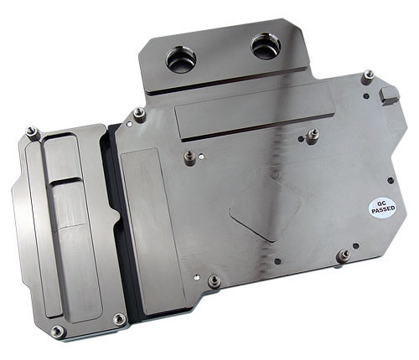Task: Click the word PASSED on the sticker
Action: (x=384, y=209)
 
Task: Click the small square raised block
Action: (x=390, y=95)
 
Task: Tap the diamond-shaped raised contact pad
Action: (x=265, y=208)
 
